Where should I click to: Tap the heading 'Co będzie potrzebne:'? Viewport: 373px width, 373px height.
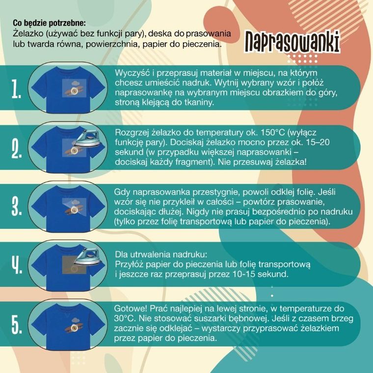pyautogui.click(x=49, y=23)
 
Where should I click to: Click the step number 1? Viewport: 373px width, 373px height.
pyautogui.click(x=17, y=89)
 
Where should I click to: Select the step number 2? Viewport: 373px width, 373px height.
pyautogui.click(x=17, y=149)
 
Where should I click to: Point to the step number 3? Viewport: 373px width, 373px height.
pyautogui.click(x=17, y=207)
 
